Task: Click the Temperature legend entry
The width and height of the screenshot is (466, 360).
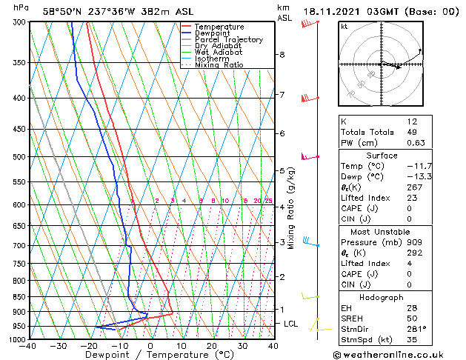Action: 219,27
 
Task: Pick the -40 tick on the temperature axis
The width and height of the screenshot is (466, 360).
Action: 28,346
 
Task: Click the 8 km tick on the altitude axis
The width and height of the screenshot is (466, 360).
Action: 282,55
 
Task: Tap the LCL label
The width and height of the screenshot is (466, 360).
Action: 291,324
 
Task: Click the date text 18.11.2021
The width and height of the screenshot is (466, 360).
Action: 334,12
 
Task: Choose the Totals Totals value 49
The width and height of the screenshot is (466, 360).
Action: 412,132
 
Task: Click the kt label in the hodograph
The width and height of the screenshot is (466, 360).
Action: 344,27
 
